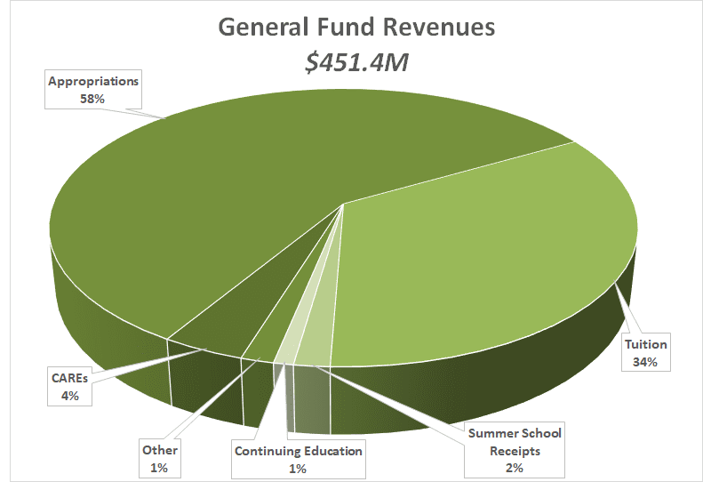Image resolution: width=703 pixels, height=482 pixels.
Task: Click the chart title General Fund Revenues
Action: [x=355, y=27]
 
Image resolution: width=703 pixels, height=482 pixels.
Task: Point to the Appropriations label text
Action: [x=93, y=80]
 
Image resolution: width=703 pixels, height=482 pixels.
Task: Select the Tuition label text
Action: [x=645, y=344]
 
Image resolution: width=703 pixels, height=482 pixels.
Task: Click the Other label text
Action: [x=160, y=450]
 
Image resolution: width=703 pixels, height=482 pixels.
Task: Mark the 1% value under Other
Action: [x=160, y=467]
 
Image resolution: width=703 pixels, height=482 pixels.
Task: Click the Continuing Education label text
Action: [x=298, y=451]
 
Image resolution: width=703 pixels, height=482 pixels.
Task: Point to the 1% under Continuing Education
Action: [x=298, y=468]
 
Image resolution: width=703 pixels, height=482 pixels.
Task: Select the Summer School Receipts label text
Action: [x=515, y=442]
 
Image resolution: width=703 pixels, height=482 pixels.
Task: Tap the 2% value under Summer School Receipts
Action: [x=515, y=467]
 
